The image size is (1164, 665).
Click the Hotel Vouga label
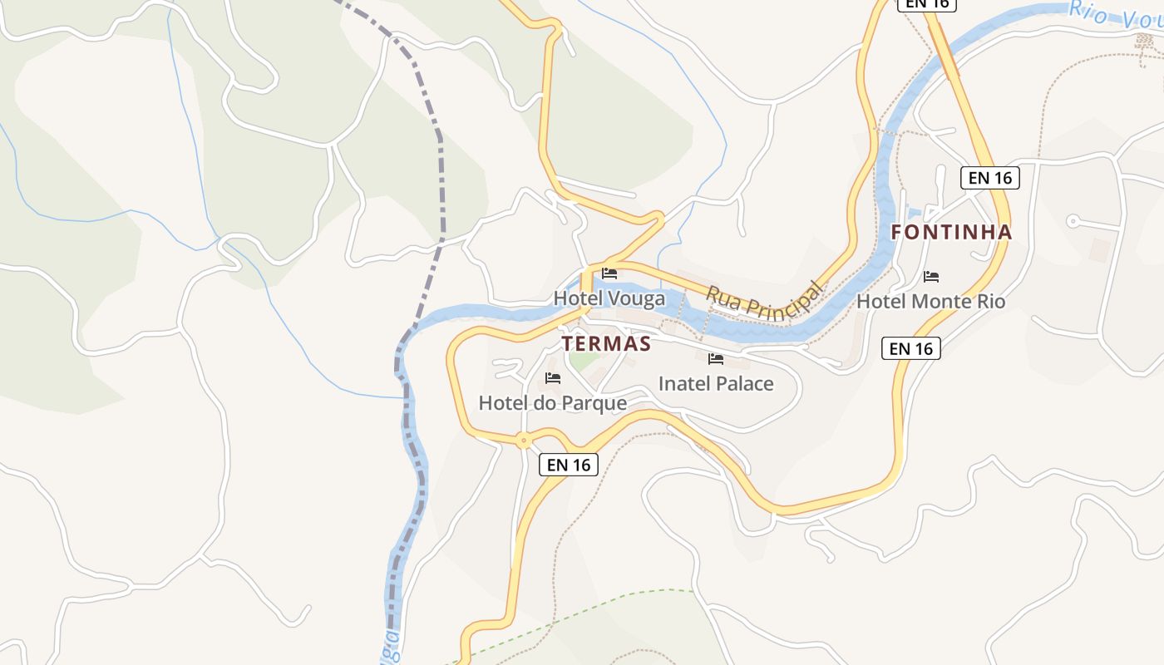click(x=609, y=298)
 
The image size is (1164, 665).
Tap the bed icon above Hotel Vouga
click(x=609, y=273)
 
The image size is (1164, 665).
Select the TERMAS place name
click(x=606, y=343)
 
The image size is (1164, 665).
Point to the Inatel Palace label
click(x=716, y=383)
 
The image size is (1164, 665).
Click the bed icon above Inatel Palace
click(x=715, y=359)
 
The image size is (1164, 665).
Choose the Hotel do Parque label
click(x=552, y=403)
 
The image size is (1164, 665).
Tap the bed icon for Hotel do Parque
click(x=553, y=378)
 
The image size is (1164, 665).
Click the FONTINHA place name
click(x=951, y=233)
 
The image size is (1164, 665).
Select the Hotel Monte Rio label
click(x=930, y=301)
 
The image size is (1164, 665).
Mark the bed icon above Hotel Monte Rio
click(x=931, y=277)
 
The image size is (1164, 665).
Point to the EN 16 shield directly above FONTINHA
click(x=989, y=177)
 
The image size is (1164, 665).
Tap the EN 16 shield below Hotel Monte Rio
click(x=910, y=348)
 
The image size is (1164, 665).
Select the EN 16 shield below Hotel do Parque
click(x=569, y=465)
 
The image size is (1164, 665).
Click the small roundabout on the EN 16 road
click(x=523, y=441)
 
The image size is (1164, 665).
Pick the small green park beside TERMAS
click(x=584, y=362)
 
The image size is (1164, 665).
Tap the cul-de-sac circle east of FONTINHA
click(x=1073, y=221)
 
